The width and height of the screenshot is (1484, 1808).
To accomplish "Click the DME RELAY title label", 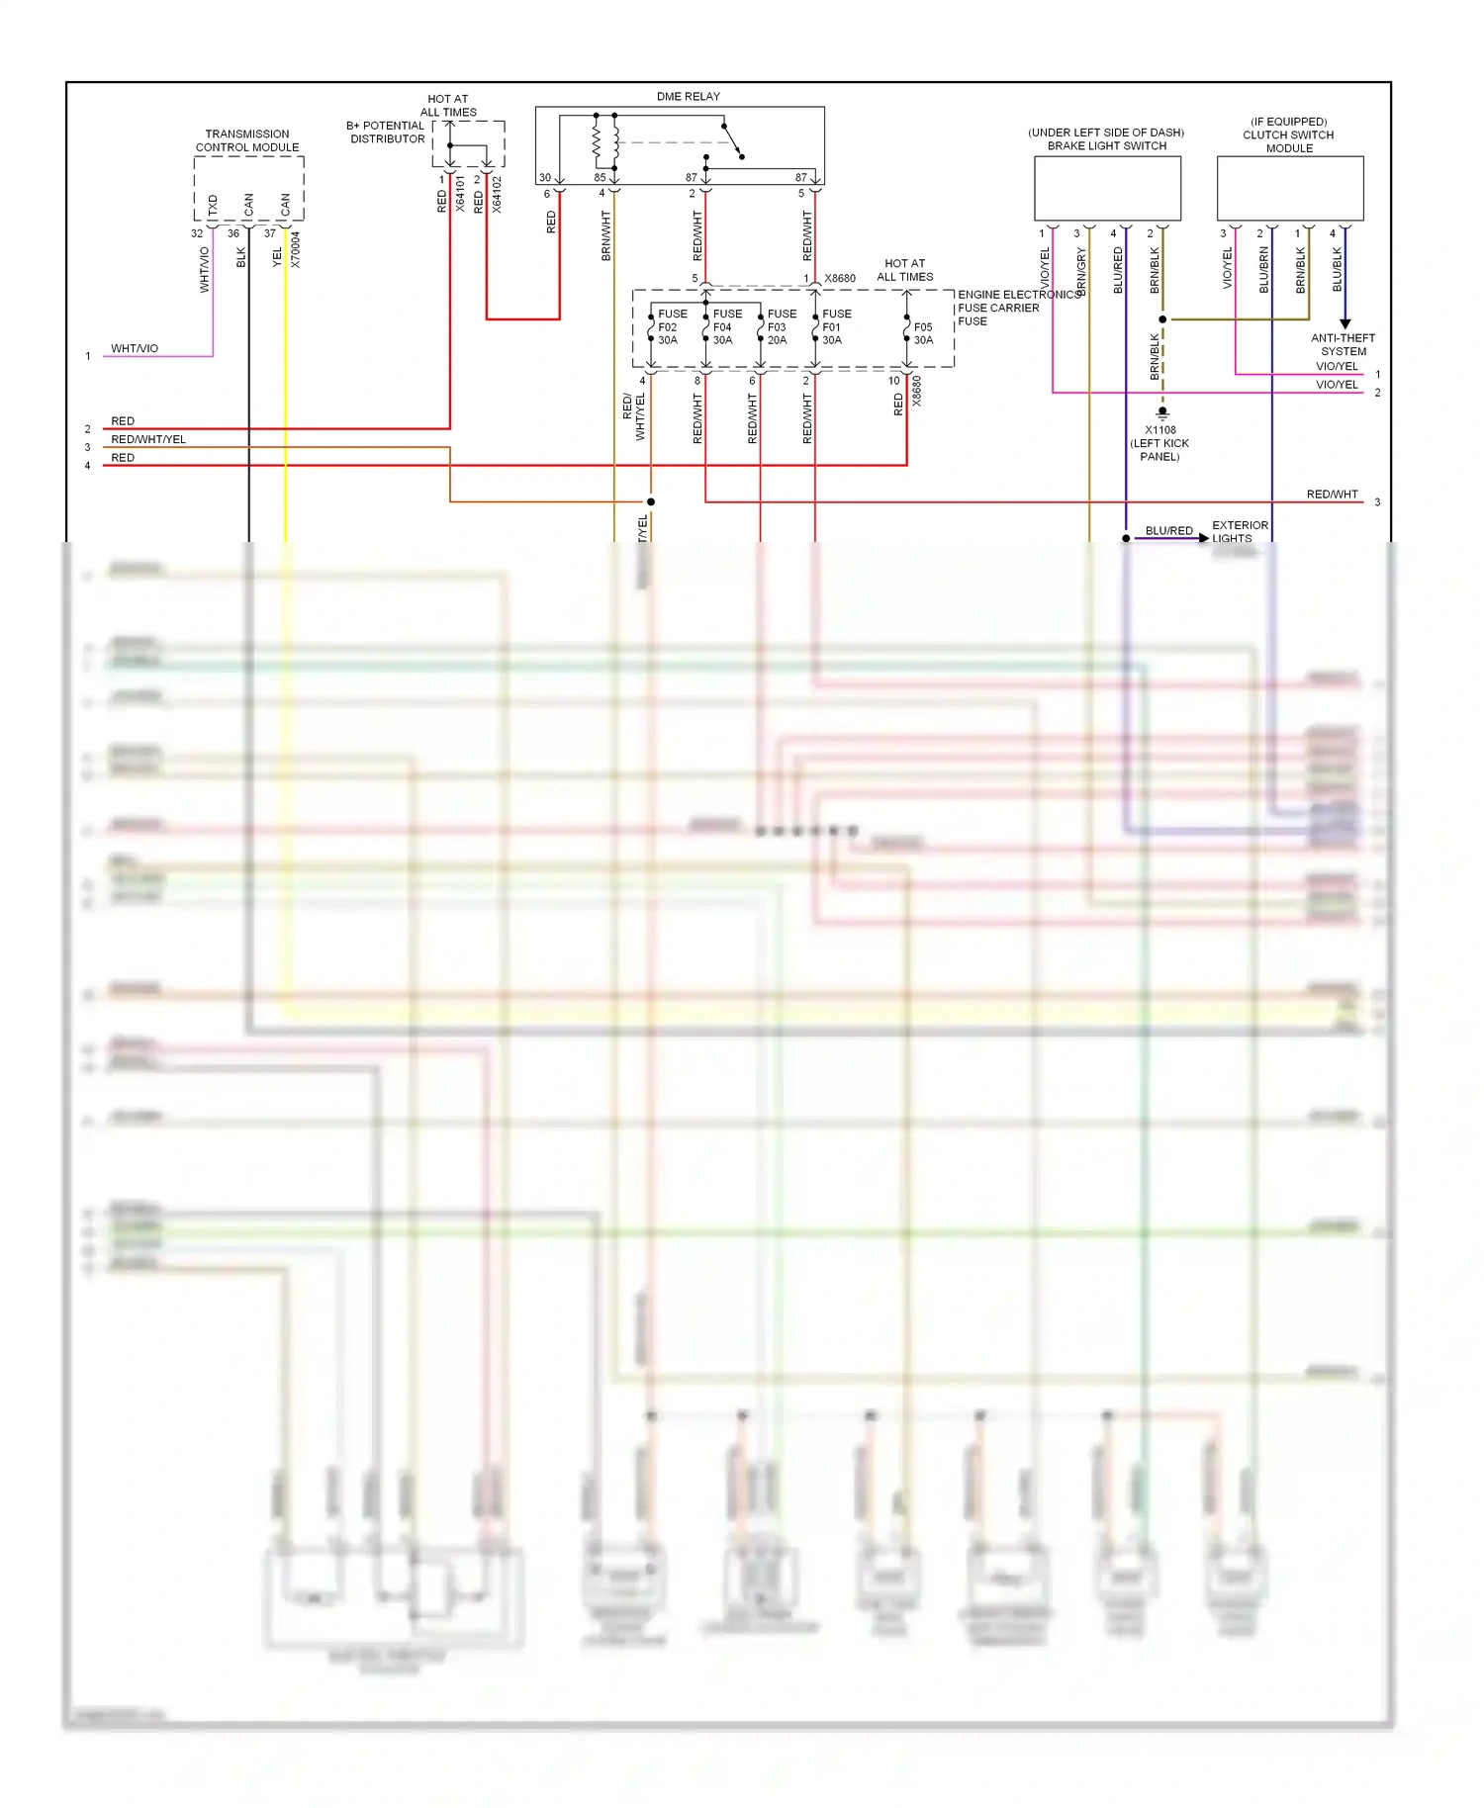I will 688,96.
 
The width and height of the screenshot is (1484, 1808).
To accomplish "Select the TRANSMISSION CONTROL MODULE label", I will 247,140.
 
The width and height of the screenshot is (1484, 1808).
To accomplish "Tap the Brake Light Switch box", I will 1107,188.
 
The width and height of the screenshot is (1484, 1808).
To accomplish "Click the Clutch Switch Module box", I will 1289,188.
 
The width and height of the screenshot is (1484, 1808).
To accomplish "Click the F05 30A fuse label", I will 923,333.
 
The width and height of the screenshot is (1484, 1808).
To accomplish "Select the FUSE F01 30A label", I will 835,326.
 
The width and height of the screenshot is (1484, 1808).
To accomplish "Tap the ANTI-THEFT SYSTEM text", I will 1343,344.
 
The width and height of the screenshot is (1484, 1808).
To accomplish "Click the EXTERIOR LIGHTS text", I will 1239,532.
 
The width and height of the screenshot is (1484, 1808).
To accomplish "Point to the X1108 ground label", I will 1159,443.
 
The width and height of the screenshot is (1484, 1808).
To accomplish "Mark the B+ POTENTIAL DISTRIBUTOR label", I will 386,133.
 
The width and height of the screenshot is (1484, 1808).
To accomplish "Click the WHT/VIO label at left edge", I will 135,348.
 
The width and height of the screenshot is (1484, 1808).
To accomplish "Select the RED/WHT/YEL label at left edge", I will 148,439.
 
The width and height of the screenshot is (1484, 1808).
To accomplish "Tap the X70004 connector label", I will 295,249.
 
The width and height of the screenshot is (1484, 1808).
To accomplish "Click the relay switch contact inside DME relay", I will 733,140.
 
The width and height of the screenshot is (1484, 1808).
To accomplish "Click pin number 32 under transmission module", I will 197,233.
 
